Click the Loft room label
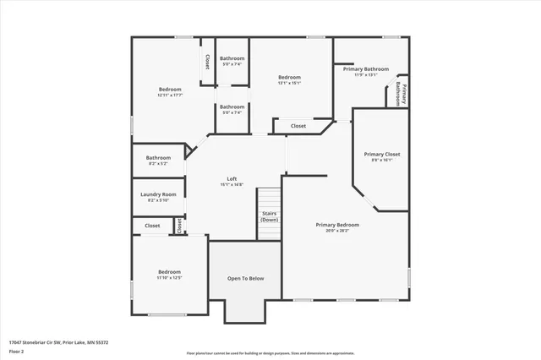[232, 178]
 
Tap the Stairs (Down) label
[270, 216]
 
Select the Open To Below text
[246, 278]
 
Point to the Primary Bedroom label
[337, 225]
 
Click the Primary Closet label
[382, 155]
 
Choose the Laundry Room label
[158, 194]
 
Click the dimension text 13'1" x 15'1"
[290, 83]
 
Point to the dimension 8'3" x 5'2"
[158, 163]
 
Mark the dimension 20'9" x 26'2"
[337, 231]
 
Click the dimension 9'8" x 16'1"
[382, 161]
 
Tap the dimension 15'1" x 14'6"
[232, 184]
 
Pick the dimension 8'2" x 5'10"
[158, 199]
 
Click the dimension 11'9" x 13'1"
[371, 74]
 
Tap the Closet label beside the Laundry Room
[152, 226]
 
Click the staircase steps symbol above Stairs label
[269, 199]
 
